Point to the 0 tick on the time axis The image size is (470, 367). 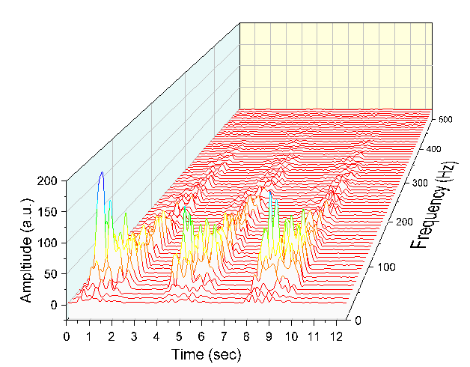pyautogui.click(x=67, y=336)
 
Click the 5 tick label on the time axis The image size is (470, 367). pyautogui.click(x=179, y=336)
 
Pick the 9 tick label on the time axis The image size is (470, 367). pyautogui.click(x=269, y=336)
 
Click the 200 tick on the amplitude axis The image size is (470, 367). pyautogui.click(x=49, y=181)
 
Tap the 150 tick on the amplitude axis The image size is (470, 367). pyautogui.click(x=49, y=212)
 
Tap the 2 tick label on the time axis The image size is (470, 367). pyautogui.click(x=112, y=336)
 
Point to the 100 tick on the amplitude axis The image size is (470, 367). pyautogui.click(x=49, y=243)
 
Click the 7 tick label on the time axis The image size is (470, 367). pyautogui.click(x=224, y=336)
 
